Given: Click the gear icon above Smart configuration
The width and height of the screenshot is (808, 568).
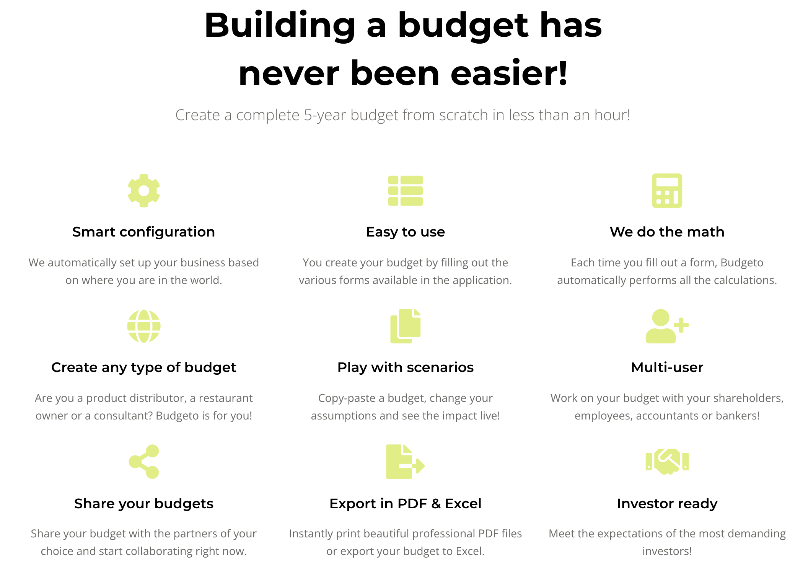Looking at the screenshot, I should [144, 191].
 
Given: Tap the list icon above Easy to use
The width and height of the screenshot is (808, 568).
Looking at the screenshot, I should [405, 191].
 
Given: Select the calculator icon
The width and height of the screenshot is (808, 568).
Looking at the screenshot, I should [667, 191].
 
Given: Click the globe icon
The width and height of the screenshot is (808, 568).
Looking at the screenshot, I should [144, 326].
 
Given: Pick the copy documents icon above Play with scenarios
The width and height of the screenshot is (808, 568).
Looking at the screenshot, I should [405, 326].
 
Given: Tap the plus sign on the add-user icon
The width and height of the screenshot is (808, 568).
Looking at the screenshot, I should [681, 325].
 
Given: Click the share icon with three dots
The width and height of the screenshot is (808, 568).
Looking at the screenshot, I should [144, 462].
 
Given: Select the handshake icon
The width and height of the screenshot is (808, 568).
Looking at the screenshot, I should [667, 462].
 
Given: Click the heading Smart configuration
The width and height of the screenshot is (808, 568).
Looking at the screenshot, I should [143, 232].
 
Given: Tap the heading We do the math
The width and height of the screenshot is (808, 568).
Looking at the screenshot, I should [667, 232].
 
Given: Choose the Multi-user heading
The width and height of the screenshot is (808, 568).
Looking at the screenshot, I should [667, 367].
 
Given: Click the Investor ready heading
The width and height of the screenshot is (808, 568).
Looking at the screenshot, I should [667, 504].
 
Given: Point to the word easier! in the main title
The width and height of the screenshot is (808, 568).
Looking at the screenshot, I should [509, 73].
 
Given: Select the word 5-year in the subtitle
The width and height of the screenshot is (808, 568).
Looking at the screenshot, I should [325, 115].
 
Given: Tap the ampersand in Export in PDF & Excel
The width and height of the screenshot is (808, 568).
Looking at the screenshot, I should [436, 504].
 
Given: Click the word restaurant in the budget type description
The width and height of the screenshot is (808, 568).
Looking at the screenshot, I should [226, 398].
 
